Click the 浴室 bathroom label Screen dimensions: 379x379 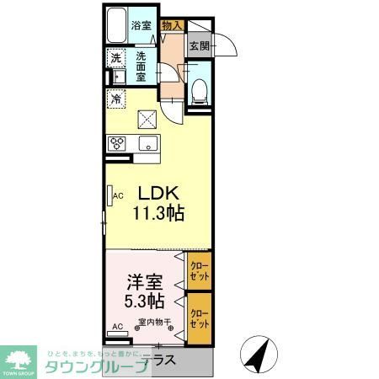[140, 25]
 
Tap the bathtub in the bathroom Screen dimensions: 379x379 [117, 25]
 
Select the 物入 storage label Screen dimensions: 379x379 [171, 25]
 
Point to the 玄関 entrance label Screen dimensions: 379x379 [199, 46]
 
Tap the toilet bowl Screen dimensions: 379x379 [199, 91]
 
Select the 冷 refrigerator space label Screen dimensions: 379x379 [116, 98]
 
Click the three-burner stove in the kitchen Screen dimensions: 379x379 [117, 141]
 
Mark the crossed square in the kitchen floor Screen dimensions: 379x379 [148, 118]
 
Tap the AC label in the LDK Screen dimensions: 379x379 [118, 196]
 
